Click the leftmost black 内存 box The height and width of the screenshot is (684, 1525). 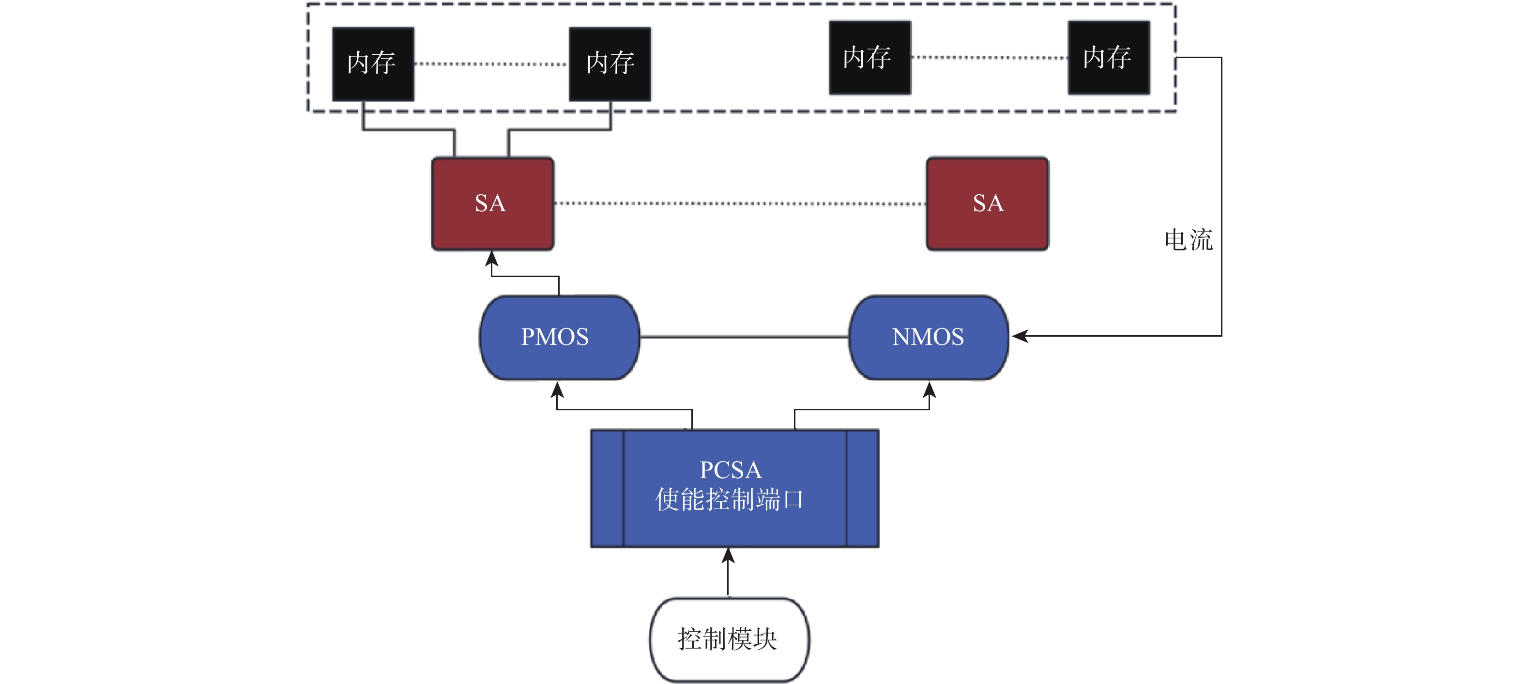[x=373, y=64]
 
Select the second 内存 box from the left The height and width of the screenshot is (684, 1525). [x=610, y=64]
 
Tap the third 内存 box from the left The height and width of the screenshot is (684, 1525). [x=869, y=58]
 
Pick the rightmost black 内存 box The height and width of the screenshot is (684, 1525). [x=1109, y=58]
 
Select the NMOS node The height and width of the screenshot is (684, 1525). [x=928, y=337]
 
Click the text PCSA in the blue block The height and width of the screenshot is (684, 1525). [x=731, y=469]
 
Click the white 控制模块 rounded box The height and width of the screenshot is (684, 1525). [x=729, y=639]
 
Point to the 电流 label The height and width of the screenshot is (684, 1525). [x=1188, y=240]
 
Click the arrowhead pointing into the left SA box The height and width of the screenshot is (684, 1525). [x=492, y=258]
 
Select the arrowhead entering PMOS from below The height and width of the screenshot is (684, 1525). [x=557, y=389]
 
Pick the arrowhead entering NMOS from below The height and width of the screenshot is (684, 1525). [x=930, y=389]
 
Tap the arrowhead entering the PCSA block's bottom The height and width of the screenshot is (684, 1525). [x=728, y=555]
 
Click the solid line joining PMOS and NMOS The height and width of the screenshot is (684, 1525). [x=744, y=337]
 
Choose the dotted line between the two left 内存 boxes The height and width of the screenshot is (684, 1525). [x=491, y=64]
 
